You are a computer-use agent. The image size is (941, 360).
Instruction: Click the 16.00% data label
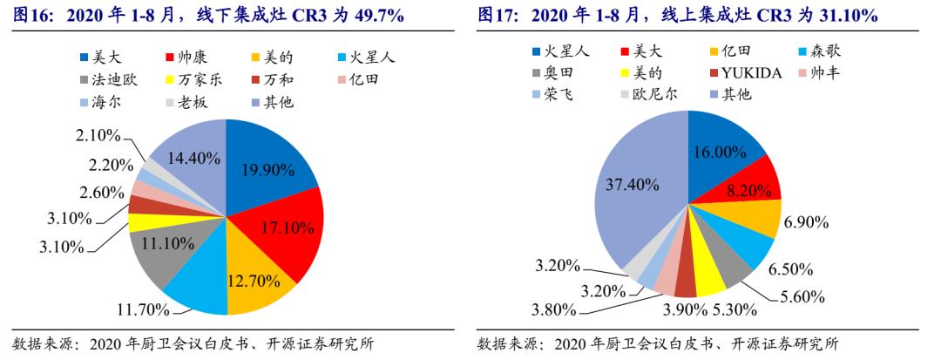pos(719,152)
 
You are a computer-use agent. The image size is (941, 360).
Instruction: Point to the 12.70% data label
pos(253,281)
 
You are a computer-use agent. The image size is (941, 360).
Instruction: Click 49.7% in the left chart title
pos(391,17)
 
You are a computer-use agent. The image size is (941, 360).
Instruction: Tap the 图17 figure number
pos(498,17)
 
